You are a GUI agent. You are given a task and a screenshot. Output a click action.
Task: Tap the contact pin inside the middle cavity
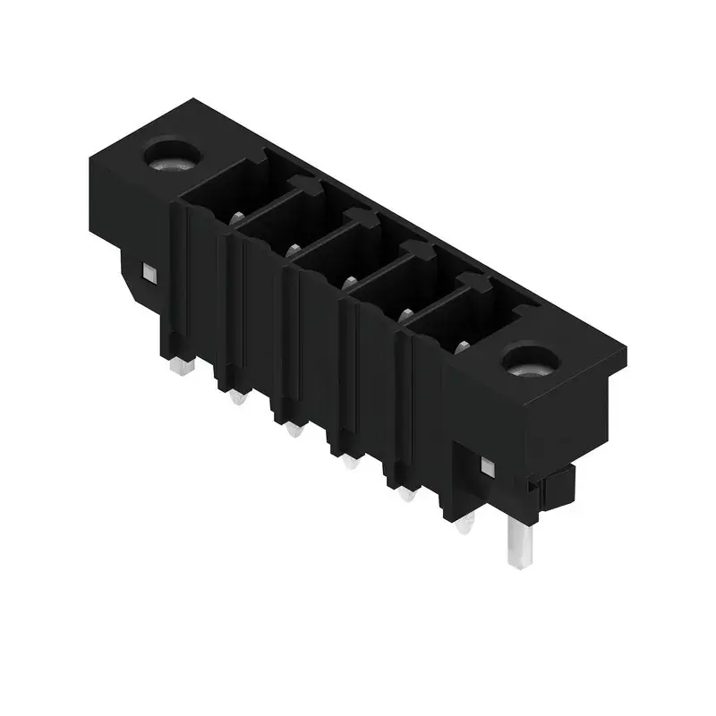pyautogui.click(x=349, y=283)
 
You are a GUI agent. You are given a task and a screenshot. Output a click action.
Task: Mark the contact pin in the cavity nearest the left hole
pyautogui.click(x=237, y=217)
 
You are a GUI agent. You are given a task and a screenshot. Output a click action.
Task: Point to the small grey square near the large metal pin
pyautogui.click(x=488, y=466)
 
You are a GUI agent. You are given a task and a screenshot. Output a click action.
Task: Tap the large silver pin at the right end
pyautogui.click(x=516, y=543)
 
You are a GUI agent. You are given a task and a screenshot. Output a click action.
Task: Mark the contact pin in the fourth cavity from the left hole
pyautogui.click(x=406, y=315)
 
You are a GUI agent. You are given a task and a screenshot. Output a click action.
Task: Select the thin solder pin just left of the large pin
pyautogui.click(x=464, y=525)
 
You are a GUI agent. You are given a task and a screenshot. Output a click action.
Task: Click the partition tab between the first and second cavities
pyautogui.click(x=305, y=185)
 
